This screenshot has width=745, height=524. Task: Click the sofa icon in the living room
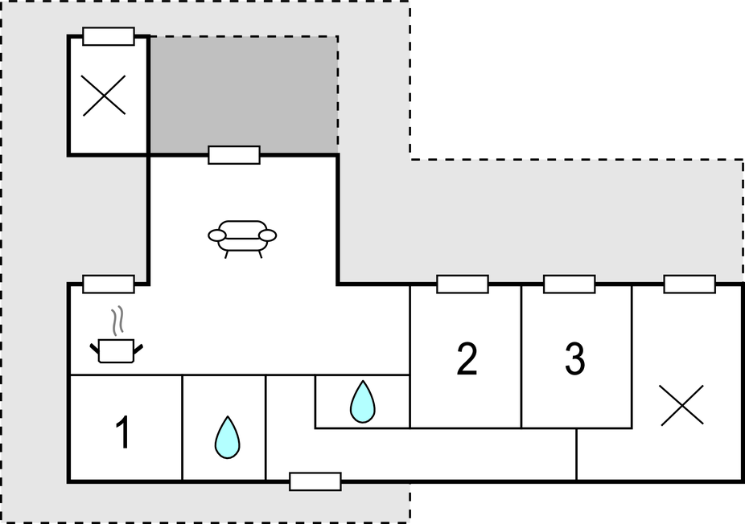click(x=242, y=236)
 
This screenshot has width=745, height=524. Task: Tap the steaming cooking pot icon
click(x=116, y=350)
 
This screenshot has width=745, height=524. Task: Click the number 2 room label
click(x=467, y=358)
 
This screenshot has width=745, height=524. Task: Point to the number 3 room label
click(x=574, y=358)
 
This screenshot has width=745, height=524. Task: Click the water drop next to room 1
click(x=227, y=437)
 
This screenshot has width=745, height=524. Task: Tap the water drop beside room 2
click(x=362, y=401)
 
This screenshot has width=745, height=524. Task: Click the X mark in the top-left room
click(x=105, y=96)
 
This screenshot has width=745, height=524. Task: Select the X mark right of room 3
click(x=681, y=405)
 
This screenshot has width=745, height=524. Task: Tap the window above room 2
click(x=463, y=285)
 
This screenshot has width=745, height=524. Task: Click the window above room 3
click(x=570, y=285)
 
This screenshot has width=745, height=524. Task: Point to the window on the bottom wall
click(x=315, y=481)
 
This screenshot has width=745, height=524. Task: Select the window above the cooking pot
click(x=109, y=285)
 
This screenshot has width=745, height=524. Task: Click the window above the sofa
click(x=234, y=155)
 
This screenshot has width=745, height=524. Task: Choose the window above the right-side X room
click(x=689, y=285)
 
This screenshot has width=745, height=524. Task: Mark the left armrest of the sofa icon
click(x=217, y=235)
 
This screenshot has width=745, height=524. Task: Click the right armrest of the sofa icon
click(x=268, y=235)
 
